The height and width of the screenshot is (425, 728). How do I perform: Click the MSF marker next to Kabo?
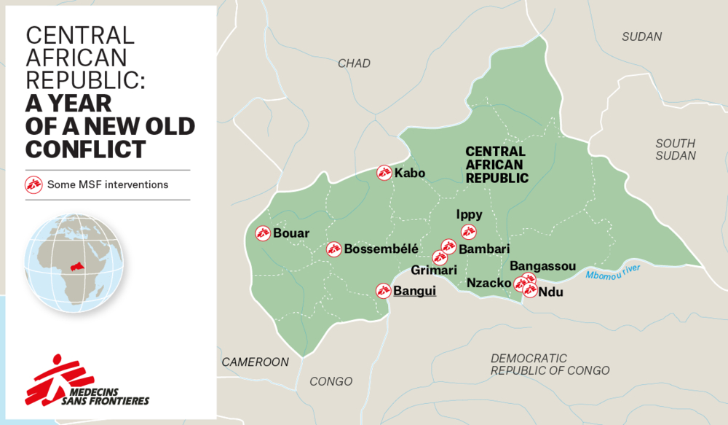(x=384, y=173)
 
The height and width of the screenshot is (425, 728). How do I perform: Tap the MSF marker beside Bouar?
(x=263, y=233)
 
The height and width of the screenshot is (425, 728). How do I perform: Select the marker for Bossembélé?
(x=333, y=249)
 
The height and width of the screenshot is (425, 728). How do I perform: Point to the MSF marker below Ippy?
(x=469, y=232)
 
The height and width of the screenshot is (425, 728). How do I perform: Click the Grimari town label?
(x=434, y=270)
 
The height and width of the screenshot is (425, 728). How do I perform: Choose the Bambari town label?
(x=484, y=249)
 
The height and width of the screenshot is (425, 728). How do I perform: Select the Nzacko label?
(x=488, y=283)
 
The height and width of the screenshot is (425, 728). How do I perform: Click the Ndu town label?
(x=551, y=292)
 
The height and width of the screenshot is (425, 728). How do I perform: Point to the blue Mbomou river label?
(x=612, y=272)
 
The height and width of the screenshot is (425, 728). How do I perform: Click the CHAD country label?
(x=354, y=63)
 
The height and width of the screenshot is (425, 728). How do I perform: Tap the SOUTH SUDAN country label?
(x=675, y=149)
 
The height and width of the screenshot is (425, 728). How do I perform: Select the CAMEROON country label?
(x=256, y=362)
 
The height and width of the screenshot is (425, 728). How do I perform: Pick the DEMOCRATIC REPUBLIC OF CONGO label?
(x=550, y=364)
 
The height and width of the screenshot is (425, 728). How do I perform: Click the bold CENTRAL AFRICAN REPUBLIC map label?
(x=496, y=164)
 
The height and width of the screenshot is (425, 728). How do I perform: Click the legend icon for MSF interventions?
(x=33, y=184)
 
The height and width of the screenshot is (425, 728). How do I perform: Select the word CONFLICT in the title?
(x=85, y=149)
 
